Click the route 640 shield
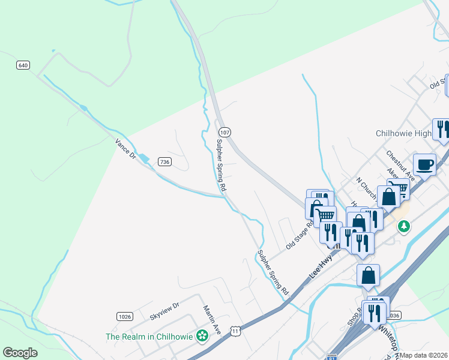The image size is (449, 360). click(23, 65)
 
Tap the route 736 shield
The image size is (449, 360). click(164, 161)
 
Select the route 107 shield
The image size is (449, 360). click(224, 132)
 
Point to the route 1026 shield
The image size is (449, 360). click(125, 316)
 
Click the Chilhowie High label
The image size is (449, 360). click(403, 133)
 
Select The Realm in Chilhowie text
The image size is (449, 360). click(149, 337)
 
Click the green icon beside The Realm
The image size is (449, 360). click(203, 336)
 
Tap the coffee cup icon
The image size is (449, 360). click(425, 164)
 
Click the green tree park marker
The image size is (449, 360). click(405, 226)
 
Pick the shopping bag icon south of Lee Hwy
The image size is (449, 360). click(369, 275)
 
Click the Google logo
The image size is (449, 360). click(20, 353)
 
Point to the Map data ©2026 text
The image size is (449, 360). click(423, 355)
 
